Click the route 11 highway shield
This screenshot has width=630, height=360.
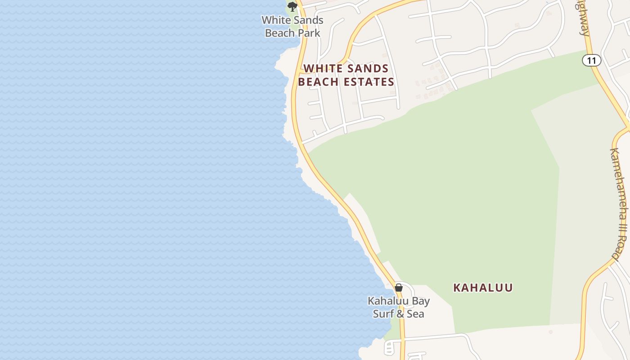coord(592,60)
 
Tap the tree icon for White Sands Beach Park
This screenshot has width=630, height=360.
coord(292,7)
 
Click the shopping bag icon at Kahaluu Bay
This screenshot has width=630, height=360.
coord(399,288)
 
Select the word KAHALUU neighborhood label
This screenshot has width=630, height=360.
coord(483,288)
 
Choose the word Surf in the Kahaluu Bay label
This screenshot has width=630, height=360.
coord(383,314)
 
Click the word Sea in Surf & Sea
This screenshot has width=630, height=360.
coord(415,314)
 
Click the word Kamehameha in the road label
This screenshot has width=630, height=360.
coord(620,180)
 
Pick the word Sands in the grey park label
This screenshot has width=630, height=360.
coord(305,20)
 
